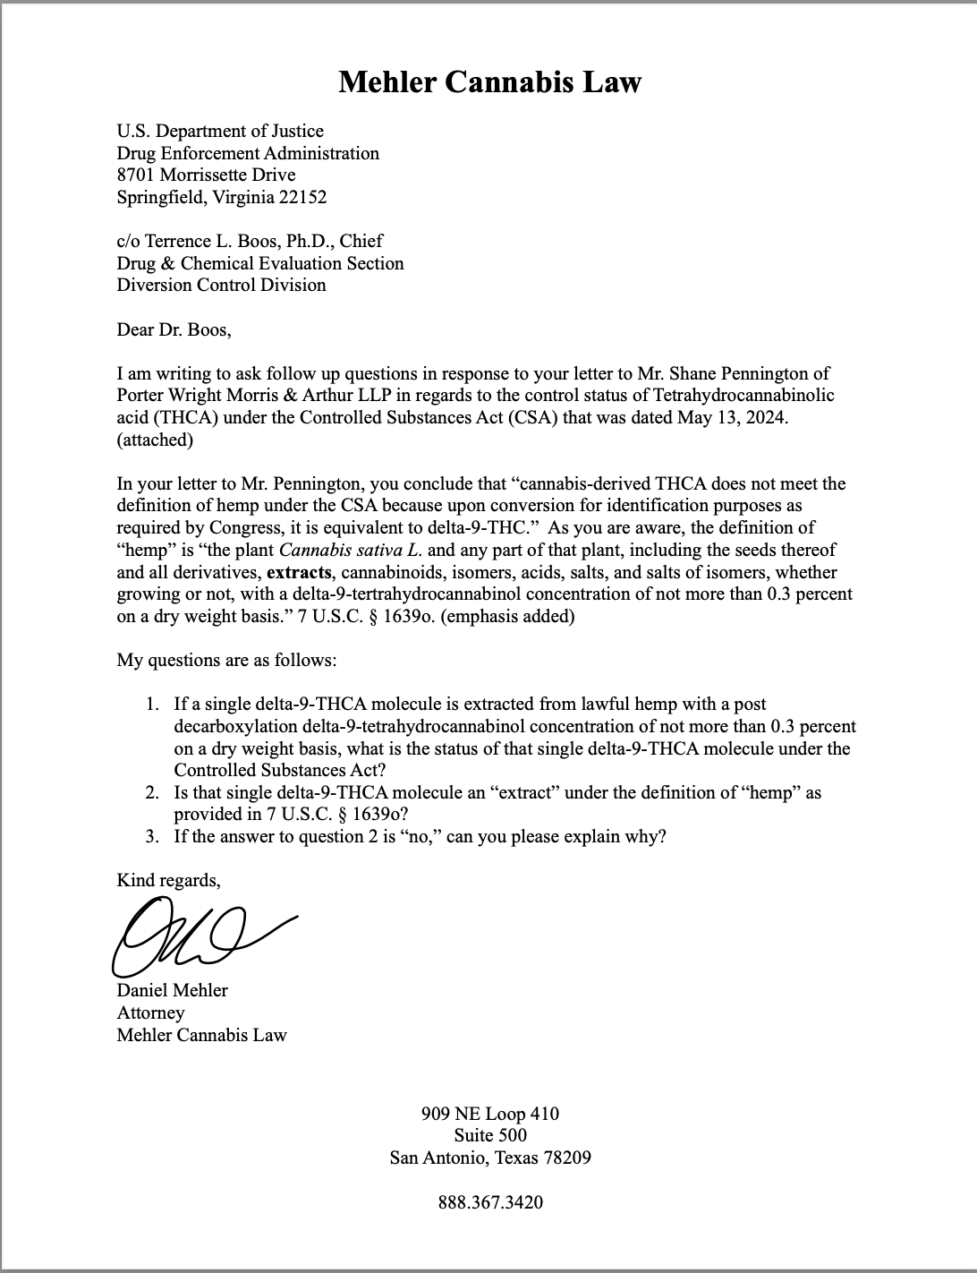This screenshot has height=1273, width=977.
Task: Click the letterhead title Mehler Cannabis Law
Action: pyautogui.click(x=489, y=82)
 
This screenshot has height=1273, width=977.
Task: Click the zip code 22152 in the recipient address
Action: pyautogui.click(x=302, y=197)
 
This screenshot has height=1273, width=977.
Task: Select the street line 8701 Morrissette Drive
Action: pyautogui.click(x=206, y=175)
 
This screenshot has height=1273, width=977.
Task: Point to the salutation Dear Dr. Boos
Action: pyautogui.click(x=174, y=329)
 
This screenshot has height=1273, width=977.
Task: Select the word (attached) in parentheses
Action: pyautogui.click(x=155, y=440)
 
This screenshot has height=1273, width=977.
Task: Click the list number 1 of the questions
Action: pyautogui.click(x=153, y=705)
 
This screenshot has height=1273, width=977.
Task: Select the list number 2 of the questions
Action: pyautogui.click(x=153, y=792)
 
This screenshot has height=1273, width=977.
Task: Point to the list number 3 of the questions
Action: pyautogui.click(x=153, y=836)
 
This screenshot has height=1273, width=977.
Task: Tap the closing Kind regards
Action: pyautogui.click(x=168, y=880)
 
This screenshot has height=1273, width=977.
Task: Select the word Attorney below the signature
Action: pyautogui.click(x=150, y=1012)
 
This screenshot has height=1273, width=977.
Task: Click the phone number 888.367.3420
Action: pyautogui.click(x=490, y=1202)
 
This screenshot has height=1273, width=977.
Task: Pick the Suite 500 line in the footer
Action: pyautogui.click(x=490, y=1136)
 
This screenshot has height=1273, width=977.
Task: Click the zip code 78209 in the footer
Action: pyautogui.click(x=563, y=1158)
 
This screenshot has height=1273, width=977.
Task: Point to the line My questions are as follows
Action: pyautogui.click(x=227, y=661)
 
